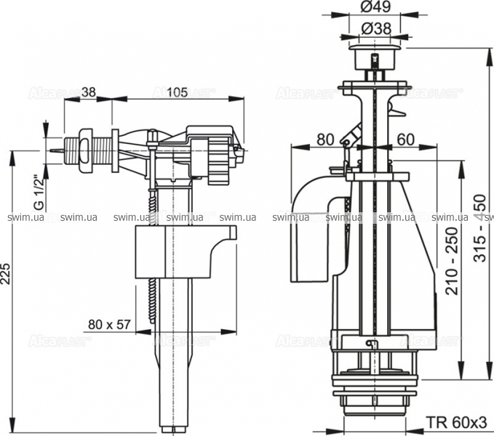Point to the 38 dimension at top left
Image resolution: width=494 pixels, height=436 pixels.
pos(89,92)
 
